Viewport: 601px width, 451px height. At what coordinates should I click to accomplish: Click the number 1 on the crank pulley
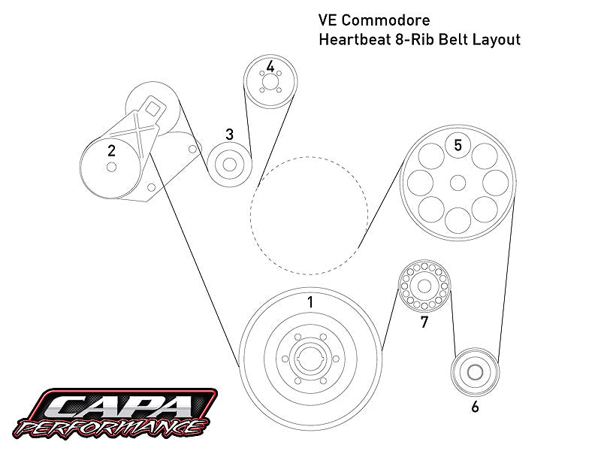(310, 302)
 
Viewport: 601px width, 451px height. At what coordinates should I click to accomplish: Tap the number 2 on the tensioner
(111, 150)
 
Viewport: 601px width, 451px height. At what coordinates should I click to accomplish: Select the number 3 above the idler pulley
(229, 135)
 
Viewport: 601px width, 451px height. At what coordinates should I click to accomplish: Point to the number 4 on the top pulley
(270, 67)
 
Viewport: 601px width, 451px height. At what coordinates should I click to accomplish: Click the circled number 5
(458, 144)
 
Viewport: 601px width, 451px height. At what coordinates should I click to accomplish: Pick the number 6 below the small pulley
(475, 407)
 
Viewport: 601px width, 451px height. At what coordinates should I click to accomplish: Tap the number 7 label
(424, 322)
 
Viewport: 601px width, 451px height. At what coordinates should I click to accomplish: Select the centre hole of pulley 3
(229, 165)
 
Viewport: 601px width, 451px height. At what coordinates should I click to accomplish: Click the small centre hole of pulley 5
(458, 182)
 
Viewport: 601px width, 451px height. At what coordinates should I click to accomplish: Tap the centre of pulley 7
(424, 286)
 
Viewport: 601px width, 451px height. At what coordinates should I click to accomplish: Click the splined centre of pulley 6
(475, 371)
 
